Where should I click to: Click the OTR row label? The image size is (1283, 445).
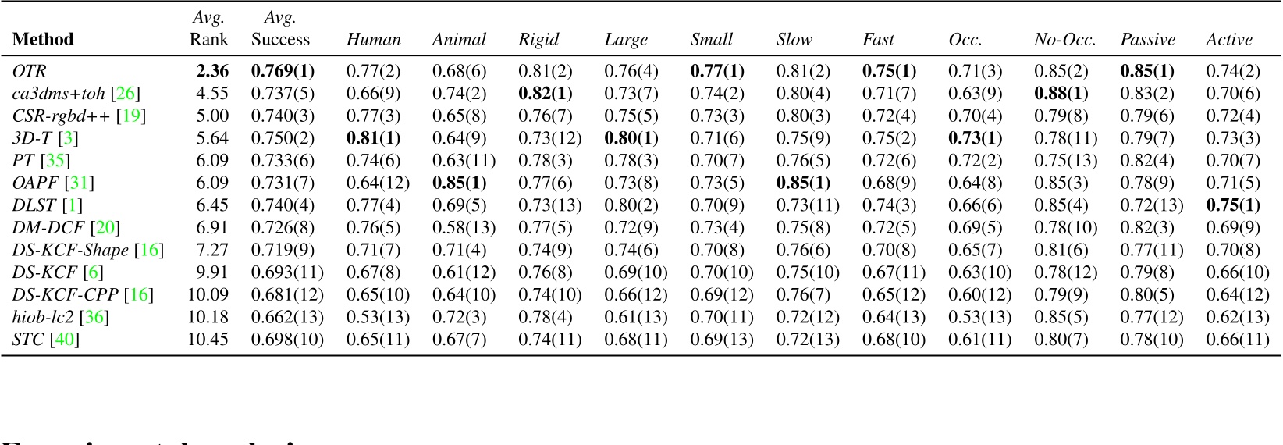(x=30, y=71)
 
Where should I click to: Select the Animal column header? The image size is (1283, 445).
(x=459, y=40)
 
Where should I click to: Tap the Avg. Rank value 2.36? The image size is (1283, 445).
(x=212, y=71)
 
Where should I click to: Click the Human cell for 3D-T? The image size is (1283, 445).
(x=373, y=138)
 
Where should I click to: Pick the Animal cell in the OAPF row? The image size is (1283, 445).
(x=459, y=183)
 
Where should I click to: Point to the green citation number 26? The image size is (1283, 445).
(x=125, y=94)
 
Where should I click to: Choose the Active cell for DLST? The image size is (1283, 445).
(x=1233, y=205)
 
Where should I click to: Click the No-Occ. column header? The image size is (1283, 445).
(x=1064, y=40)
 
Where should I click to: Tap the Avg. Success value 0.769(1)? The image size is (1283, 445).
(x=283, y=71)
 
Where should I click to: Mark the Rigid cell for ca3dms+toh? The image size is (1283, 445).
(x=545, y=94)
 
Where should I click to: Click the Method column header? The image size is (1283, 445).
(x=43, y=40)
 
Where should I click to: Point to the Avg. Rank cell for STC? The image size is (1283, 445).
(x=208, y=340)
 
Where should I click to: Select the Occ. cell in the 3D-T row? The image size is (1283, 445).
(x=975, y=138)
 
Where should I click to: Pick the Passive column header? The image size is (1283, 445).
(x=1147, y=40)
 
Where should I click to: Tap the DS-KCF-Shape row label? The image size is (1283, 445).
(x=70, y=250)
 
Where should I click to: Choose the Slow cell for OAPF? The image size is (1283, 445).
(x=803, y=183)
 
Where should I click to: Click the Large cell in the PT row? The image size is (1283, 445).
(x=631, y=161)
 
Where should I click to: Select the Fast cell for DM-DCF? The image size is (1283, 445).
(x=889, y=228)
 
